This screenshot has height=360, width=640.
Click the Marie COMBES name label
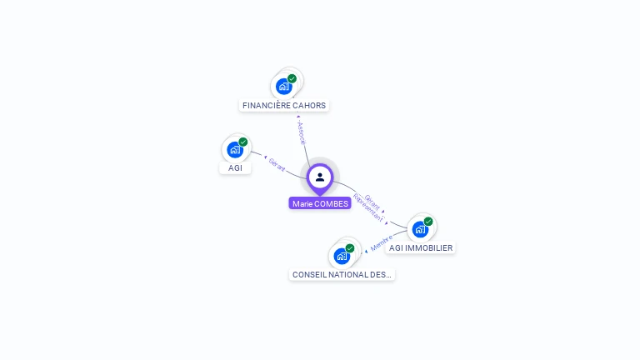320,203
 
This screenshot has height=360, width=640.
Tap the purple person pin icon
320,177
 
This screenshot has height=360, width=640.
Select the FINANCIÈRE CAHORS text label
284,106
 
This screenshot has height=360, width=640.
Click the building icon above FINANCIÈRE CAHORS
284,86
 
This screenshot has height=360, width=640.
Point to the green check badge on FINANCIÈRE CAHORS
292,78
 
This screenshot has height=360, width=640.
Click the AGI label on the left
235,168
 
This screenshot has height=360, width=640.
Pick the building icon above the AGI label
235,150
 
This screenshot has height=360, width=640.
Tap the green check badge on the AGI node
242,142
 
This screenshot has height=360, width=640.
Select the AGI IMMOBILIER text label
421,248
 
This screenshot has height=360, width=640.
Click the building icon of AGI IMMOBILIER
420,228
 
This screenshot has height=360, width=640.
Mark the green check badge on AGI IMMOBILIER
427,222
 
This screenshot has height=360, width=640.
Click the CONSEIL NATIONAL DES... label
342,274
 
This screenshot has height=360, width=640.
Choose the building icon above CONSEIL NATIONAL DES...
342,256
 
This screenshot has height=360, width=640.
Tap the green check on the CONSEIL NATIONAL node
349,248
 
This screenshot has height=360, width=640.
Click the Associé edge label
302,132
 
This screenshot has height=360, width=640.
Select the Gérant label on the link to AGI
277,164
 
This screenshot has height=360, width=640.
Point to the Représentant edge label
367,207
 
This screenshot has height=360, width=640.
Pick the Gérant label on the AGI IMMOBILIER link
372,200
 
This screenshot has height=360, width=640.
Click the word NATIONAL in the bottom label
343,274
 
